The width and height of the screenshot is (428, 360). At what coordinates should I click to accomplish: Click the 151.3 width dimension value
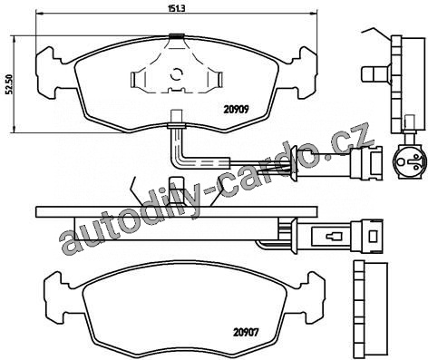[176, 8]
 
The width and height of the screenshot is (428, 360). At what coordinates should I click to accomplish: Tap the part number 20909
[236, 109]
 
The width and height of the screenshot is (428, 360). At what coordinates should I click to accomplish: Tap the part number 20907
[246, 333]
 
